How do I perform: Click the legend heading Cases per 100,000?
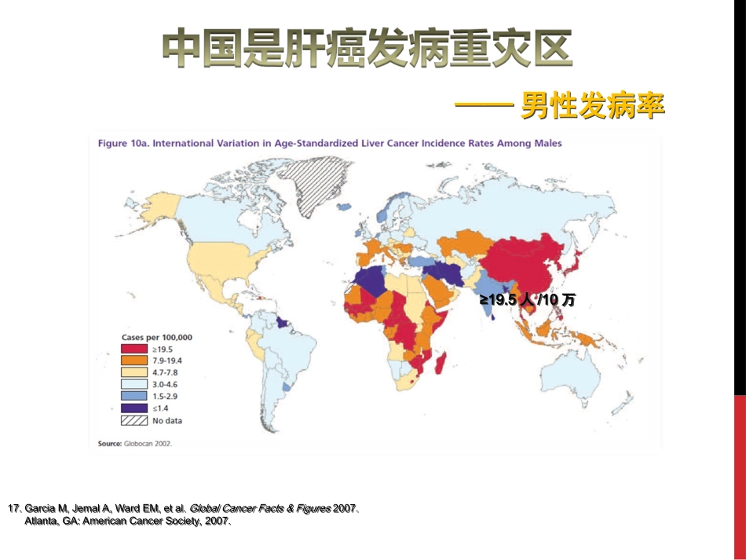click(x=156, y=337)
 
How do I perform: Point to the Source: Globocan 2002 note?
click(x=134, y=444)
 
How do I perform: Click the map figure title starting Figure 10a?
click(x=329, y=144)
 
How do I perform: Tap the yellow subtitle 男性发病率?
click(x=594, y=106)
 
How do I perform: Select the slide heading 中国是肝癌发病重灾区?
click(x=367, y=49)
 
